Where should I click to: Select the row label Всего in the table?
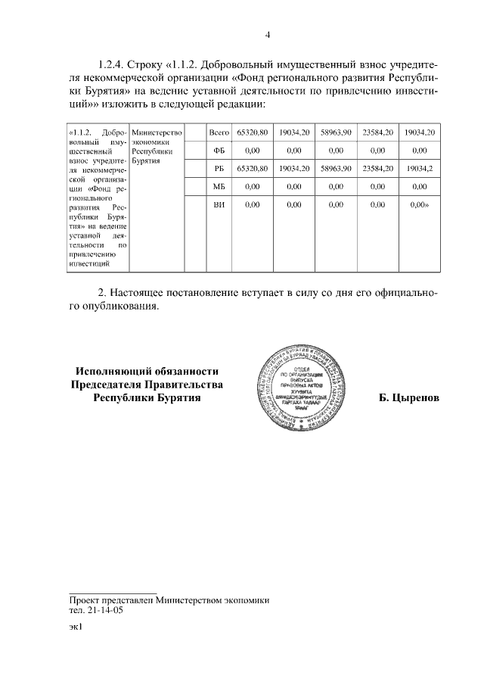coord(219,132)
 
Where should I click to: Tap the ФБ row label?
coord(219,150)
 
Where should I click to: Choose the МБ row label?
coord(219,185)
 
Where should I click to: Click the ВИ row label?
coord(219,204)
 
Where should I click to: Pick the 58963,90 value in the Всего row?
coord(335,132)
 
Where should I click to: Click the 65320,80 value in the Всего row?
coord(253,132)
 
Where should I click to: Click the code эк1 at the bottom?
coord(75,627)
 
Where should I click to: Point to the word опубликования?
coord(120,308)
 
